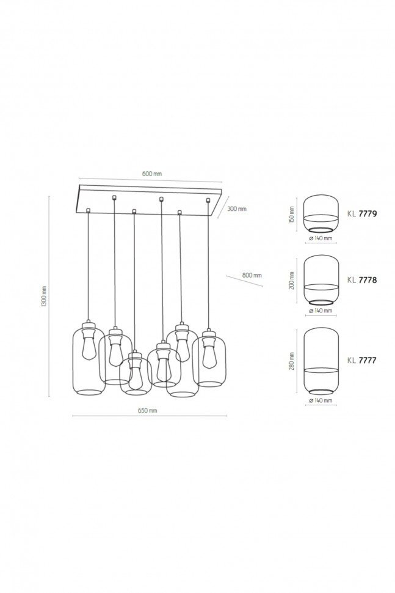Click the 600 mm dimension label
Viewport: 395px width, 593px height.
point(152,174)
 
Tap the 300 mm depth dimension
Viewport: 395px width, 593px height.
point(237,208)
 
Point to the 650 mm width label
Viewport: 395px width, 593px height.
point(147,410)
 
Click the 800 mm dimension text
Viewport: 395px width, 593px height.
point(252,275)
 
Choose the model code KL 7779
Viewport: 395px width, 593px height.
point(362,214)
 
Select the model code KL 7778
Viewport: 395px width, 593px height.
point(362,280)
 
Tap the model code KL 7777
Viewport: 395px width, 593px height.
point(362,361)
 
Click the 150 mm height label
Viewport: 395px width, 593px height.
point(292,214)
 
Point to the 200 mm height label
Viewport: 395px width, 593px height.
point(292,281)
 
